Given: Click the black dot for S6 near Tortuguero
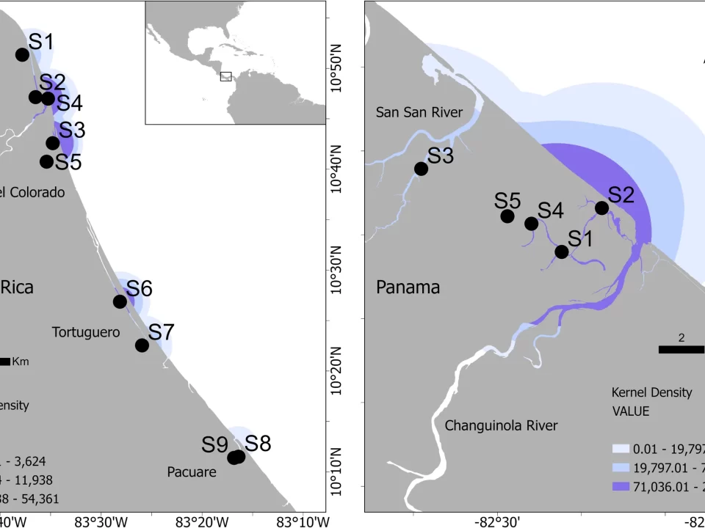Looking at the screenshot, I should point(120,301).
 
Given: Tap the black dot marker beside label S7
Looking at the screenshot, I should point(142,345).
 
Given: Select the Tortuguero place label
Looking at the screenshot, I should point(86,332).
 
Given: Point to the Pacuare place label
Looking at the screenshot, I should point(191,472).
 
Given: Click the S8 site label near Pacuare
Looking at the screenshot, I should point(258,443).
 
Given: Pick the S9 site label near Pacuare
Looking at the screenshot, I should point(216,444).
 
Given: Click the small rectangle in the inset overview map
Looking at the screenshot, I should point(225,76).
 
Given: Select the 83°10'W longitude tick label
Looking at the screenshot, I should point(303,521).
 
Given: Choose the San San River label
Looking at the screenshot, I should point(419,112).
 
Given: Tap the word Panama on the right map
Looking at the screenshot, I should point(408,287).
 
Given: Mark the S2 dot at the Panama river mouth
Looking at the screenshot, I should point(601,208).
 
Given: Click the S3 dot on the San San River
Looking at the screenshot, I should point(421,169).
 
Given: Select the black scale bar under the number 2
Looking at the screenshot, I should point(681,350).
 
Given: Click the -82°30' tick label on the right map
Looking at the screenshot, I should point(499,521).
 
